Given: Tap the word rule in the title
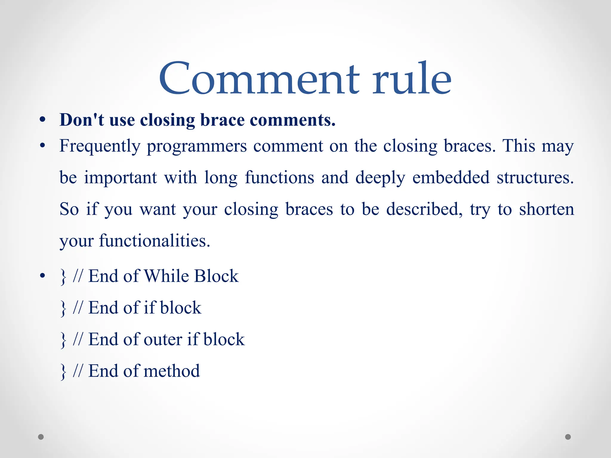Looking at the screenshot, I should tap(412, 78).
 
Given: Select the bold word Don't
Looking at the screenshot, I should tap(82, 120).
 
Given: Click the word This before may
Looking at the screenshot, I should tap(519, 146).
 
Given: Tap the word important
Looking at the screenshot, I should tap(120, 178).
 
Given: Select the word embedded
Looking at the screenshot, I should tap(451, 178).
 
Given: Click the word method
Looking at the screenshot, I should tap(172, 371).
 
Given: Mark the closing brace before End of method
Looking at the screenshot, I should tap(63, 372).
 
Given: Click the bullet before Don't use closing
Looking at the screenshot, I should tap(42, 120).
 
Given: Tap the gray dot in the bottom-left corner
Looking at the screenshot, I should tap(41, 437).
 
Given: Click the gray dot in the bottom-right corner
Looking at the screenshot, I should tap(568, 437).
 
